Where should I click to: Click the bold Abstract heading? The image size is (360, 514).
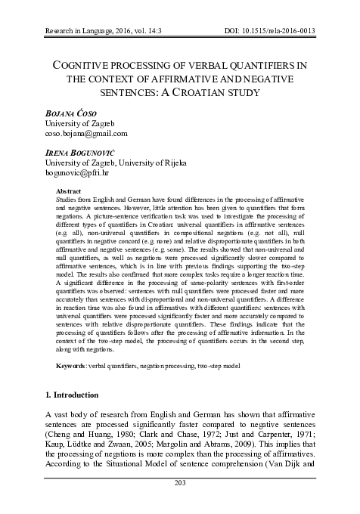pyautogui.click(x=71, y=192)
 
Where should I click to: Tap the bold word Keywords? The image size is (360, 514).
pyautogui.click(x=76, y=366)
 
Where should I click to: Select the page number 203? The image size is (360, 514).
pyautogui.click(x=180, y=504)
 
